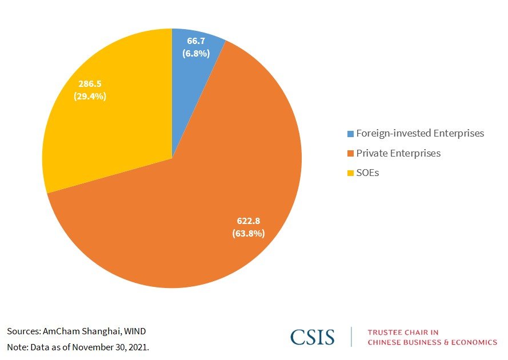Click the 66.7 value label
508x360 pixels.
coord(198,42)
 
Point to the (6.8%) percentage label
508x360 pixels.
coord(197,53)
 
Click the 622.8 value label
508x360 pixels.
coord(248,221)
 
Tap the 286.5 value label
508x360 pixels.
coord(90,84)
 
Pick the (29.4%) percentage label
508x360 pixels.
coord(90,96)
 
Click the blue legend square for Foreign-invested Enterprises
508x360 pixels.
coord(350,134)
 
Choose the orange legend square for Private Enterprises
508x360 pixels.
coord(350,154)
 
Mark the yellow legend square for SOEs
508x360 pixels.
coord(350,173)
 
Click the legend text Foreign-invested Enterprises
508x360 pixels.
coord(420,133)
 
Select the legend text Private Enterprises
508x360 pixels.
coord(398,153)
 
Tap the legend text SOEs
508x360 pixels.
coord(367,173)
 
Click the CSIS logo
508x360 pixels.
coord(312,337)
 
